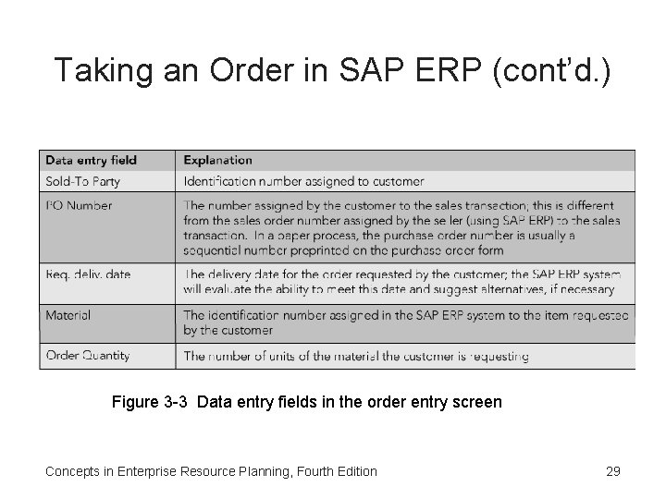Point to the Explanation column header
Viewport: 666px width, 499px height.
(218, 161)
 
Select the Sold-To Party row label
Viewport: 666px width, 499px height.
(83, 181)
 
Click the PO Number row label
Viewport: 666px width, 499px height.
(79, 205)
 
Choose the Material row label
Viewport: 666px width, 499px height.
(68, 315)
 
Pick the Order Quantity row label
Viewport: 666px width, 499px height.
(88, 355)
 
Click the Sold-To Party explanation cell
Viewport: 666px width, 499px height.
(303, 181)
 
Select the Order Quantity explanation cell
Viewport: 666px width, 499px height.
(356, 356)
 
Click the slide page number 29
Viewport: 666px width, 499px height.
(612, 471)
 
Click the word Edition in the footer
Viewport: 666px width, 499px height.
(354, 471)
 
